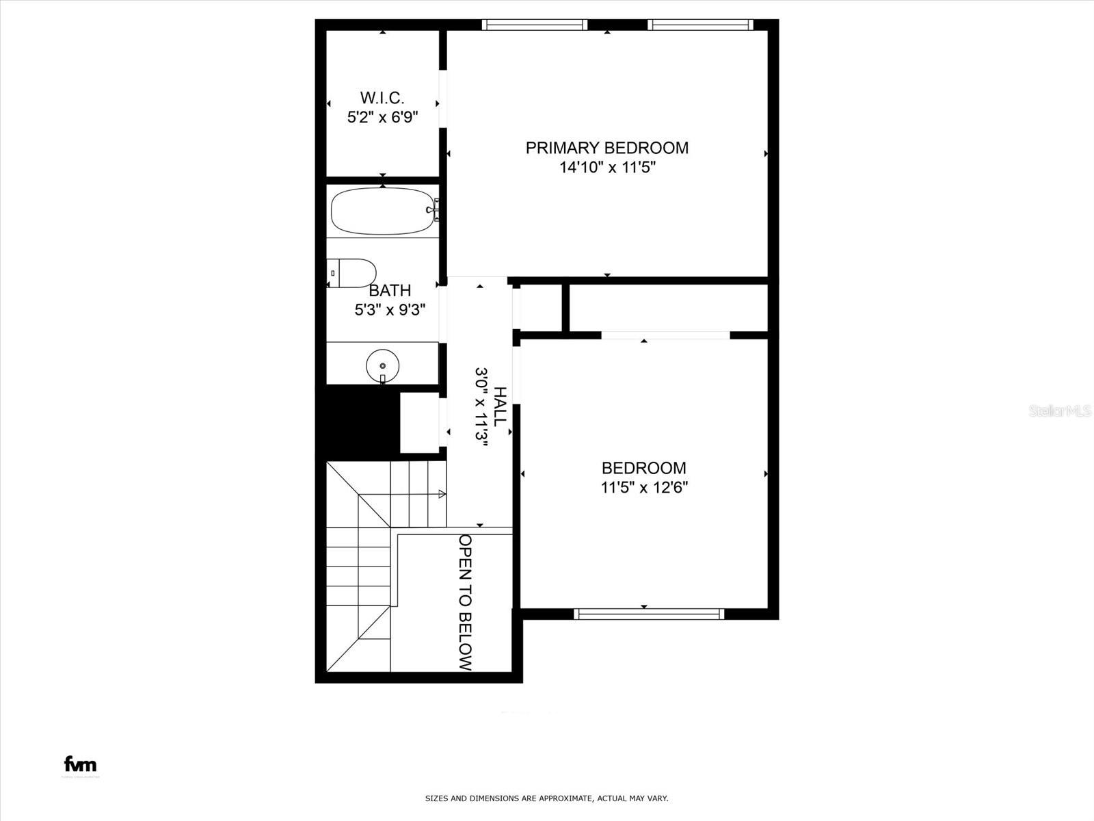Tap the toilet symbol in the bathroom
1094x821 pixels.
(351, 273)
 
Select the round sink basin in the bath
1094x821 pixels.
(382, 365)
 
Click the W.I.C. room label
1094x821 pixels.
(382, 97)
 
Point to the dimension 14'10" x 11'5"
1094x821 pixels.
(607, 168)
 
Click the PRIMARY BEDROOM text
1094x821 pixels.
(606, 148)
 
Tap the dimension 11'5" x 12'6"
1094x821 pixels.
(643, 488)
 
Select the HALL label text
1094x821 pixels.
(501, 406)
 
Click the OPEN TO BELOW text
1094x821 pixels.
(466, 602)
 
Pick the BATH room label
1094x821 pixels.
(390, 290)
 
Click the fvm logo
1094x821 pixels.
(80, 764)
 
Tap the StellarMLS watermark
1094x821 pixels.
(1060, 410)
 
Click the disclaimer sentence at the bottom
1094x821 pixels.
(546, 798)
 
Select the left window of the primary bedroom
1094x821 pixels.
(535, 25)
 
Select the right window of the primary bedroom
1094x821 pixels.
(700, 25)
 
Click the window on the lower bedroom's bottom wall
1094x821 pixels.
(649, 614)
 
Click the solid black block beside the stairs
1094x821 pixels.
(357, 421)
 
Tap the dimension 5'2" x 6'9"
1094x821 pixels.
(382, 117)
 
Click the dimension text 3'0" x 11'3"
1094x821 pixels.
(481, 406)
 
